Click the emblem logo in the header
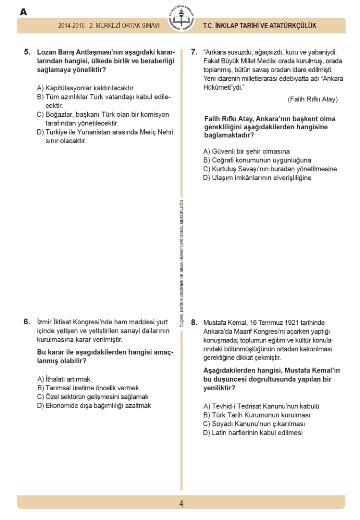pyautogui.click(x=180, y=20)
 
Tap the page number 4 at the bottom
pyautogui.click(x=180, y=504)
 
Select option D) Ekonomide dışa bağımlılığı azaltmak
pyautogui.click(x=96, y=407)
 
